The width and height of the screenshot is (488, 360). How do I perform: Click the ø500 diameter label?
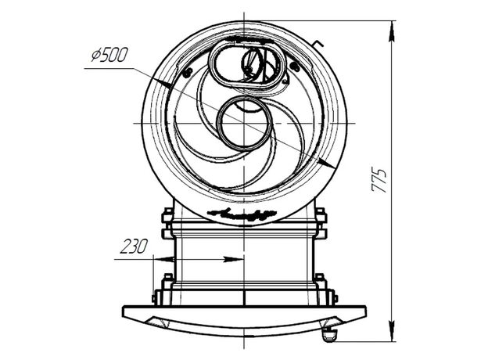click(x=109, y=55)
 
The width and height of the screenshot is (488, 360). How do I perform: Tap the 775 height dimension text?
click(x=379, y=181)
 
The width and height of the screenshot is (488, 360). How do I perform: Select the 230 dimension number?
click(x=133, y=247)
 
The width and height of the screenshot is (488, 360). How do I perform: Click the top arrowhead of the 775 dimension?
click(x=392, y=31)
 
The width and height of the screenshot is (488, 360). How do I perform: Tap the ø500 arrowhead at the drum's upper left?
click(x=163, y=82)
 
